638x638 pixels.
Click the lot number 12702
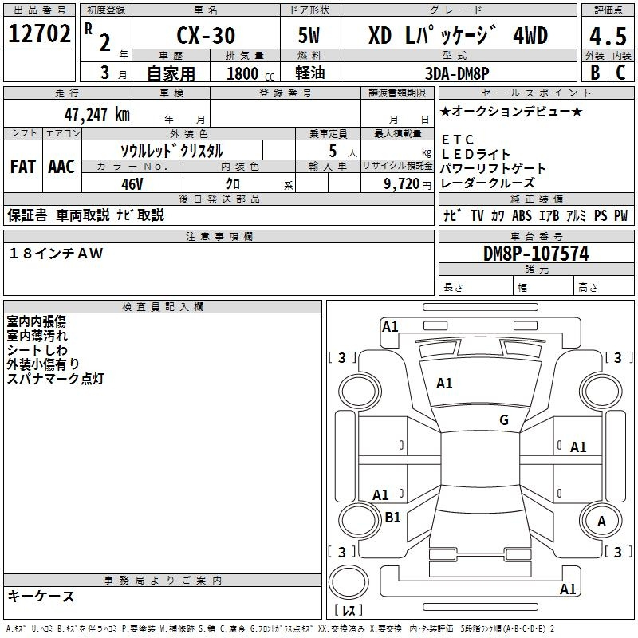point(39,33)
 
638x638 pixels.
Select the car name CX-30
point(206,35)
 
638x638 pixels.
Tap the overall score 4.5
point(608,36)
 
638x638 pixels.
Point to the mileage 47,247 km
point(97,115)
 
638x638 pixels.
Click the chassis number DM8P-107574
point(536,254)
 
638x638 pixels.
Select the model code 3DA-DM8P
point(457,73)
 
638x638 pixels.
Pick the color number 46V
point(132,184)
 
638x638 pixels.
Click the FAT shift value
point(23,167)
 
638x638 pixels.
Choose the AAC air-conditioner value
point(61,167)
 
